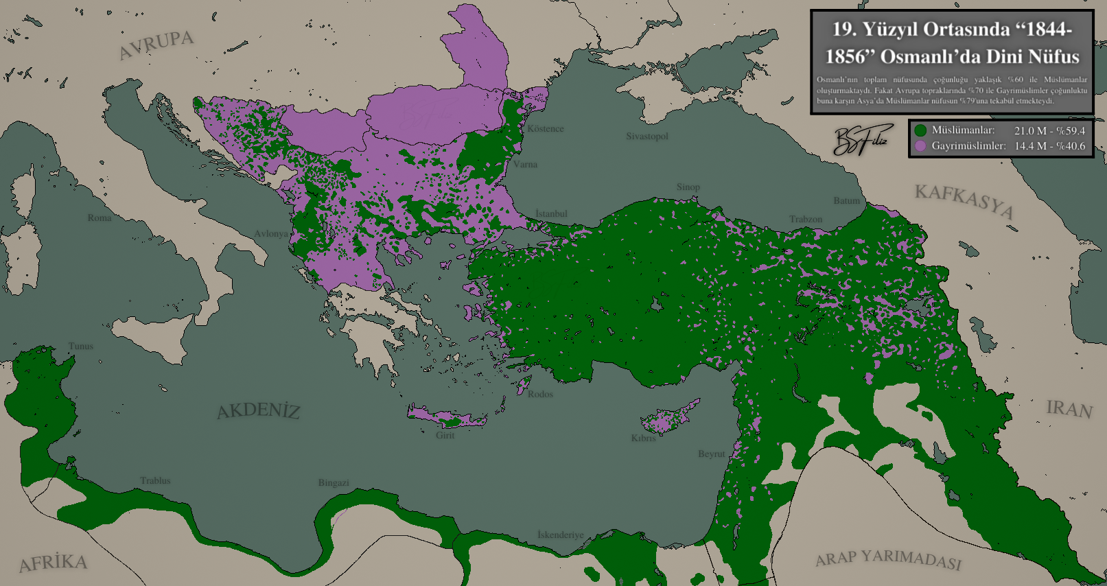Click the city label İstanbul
[x=552, y=213]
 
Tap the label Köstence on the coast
[x=546, y=128]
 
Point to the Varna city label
[x=526, y=164]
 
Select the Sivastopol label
[x=646, y=136]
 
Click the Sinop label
[x=688, y=187]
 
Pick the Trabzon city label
[x=806, y=219]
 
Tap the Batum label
[x=846, y=200]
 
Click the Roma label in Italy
[x=100, y=218]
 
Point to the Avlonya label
[x=271, y=233]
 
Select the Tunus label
[x=81, y=346]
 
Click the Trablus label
[x=155, y=480]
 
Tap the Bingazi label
[x=334, y=482]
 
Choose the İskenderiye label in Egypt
[x=560, y=535]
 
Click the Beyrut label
[x=711, y=454]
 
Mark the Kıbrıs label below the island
[x=643, y=438]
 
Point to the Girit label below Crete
[x=445, y=435]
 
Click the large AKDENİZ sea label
[x=259, y=411]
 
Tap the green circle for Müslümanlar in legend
[x=920, y=130]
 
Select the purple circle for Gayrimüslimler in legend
[x=920, y=145]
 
